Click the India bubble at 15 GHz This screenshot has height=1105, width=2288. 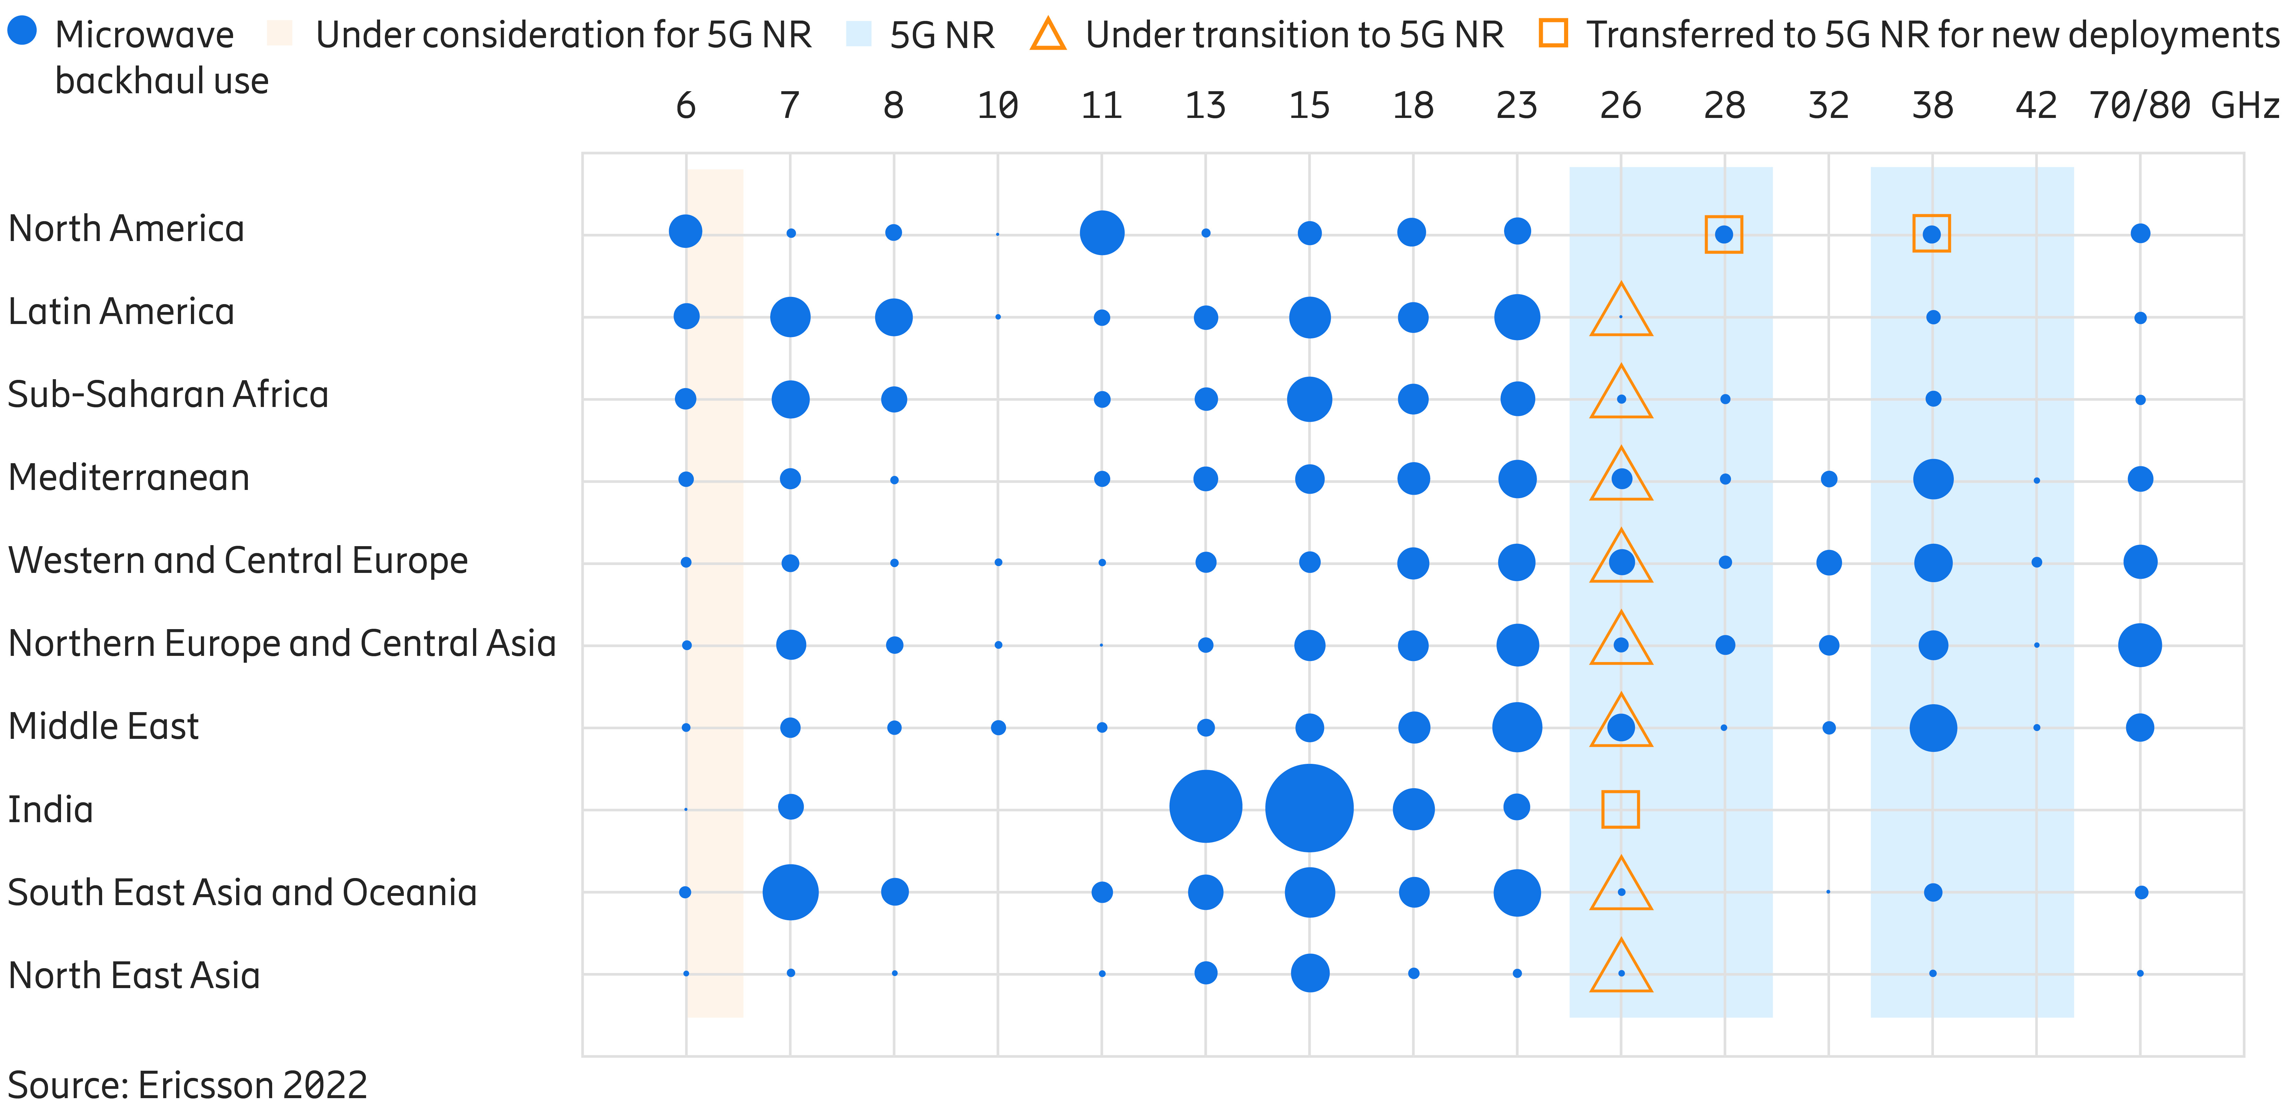tap(1309, 808)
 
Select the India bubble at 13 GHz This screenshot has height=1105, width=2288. tap(1205, 806)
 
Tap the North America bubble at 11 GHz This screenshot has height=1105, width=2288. tap(1101, 233)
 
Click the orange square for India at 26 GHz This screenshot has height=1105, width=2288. tap(1620, 809)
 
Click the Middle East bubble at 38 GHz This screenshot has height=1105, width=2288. tap(1933, 728)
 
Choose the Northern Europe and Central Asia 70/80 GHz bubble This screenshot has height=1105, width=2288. tap(2140, 645)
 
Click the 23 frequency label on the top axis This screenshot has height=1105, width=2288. tap(1516, 106)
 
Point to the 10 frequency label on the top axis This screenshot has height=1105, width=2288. tap(997, 106)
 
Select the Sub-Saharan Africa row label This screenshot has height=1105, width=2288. tap(168, 394)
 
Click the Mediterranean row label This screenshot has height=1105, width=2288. tap(129, 478)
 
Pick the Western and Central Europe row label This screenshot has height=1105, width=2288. tap(237, 561)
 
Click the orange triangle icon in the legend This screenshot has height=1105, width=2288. tap(1048, 35)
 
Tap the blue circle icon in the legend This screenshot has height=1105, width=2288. tap(22, 30)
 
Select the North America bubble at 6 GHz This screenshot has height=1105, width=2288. tap(685, 231)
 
